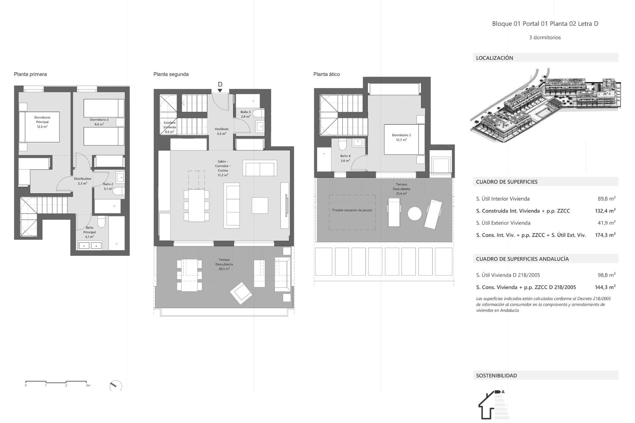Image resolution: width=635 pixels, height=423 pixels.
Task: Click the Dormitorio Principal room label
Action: click(42, 122)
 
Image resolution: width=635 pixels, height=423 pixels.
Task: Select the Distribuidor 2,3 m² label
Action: click(82, 181)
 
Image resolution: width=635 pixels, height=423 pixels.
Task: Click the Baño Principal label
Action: click(89, 232)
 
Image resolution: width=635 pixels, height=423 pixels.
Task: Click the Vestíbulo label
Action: click(222, 131)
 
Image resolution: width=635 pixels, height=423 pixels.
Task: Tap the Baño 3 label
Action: click(245, 114)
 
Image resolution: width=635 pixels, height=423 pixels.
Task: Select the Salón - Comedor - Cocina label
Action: click(223, 168)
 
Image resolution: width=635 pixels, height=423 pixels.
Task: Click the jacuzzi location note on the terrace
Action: click(352, 210)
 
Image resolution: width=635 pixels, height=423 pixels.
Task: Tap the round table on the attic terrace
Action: click(414, 213)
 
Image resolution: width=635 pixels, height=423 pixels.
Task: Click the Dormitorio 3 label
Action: click(401, 137)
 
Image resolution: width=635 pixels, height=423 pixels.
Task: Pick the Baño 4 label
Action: click(345, 158)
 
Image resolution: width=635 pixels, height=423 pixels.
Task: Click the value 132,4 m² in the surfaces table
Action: click(605, 211)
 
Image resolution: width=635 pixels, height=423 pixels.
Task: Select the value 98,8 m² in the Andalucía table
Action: click(606, 275)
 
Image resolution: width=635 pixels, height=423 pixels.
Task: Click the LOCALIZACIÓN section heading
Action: click(494, 58)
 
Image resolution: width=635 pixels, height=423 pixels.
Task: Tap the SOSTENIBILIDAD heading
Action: click(496, 375)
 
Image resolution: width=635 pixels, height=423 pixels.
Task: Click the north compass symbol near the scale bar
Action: click(115, 386)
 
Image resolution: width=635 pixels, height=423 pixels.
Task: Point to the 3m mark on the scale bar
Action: click(88, 385)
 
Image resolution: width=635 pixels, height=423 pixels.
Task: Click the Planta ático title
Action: click(326, 74)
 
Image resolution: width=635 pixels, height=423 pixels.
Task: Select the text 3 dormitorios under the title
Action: click(545, 38)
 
